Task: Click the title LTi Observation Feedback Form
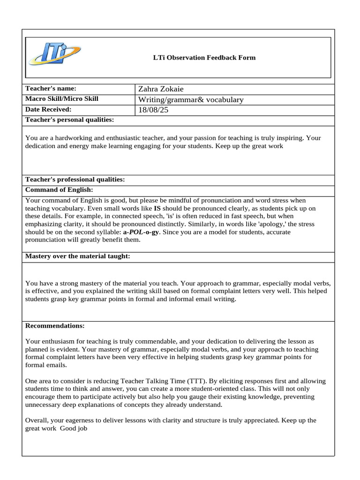pyautogui.click(x=204, y=58)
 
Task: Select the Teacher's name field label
pyautogui.click(x=51, y=89)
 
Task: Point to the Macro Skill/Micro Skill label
pyautogui.click(x=61, y=99)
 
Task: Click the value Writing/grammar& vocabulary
pyautogui.click(x=191, y=99)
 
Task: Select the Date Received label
pyautogui.click(x=48, y=109)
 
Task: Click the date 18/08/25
pyautogui.click(x=152, y=110)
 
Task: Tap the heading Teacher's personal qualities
pyautogui.click(x=69, y=120)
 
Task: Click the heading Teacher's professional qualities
pyautogui.click(x=75, y=180)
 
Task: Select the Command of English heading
pyautogui.click(x=59, y=190)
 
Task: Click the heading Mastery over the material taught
pyautogui.click(x=77, y=256)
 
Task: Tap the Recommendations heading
pyautogui.click(x=55, y=325)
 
